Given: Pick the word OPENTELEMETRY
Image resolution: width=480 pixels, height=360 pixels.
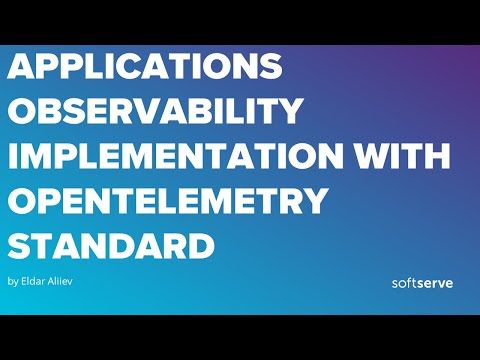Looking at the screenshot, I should pos(168,202).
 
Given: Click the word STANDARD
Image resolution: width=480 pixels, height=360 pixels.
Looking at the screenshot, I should pos(111,246).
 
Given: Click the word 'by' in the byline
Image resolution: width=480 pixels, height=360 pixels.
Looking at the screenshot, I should pos(12,281).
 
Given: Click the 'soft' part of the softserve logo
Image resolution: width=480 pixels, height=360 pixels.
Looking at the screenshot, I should pos(404,282).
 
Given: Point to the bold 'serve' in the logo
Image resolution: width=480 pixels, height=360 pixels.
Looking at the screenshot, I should pos(435,282).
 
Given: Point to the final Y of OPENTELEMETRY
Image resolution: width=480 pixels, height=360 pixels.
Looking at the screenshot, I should pos(313,202).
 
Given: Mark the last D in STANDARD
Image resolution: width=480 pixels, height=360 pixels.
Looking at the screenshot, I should pos(200,246).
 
